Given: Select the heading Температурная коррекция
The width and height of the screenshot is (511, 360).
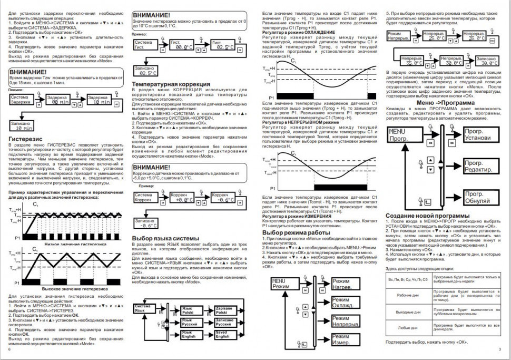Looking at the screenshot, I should pyautogui.click(x=163, y=84).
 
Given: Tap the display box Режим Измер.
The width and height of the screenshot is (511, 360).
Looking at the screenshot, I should pyautogui.click(x=341, y=340).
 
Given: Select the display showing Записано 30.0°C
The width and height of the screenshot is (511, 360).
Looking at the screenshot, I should pyautogui.click(x=490, y=61).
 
